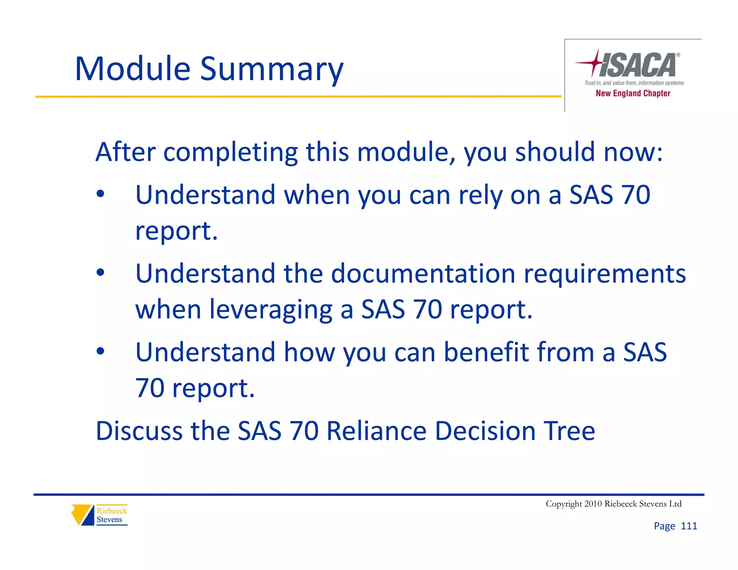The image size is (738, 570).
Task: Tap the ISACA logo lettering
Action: coord(638,65)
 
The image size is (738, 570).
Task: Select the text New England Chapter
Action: coord(633,93)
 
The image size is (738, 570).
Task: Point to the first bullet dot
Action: coord(101,194)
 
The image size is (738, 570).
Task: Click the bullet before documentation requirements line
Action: coord(101,273)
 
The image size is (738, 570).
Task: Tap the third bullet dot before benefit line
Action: coord(101,351)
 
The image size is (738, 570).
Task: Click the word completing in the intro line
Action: coord(231,152)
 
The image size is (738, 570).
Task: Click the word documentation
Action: coord(423,273)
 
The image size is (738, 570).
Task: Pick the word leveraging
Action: coord(271,310)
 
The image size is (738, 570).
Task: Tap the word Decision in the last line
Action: coord(485,431)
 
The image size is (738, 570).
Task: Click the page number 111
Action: coord(689,526)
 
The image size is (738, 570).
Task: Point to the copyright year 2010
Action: coord(593,504)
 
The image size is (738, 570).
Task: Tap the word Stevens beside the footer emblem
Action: coord(109,520)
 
